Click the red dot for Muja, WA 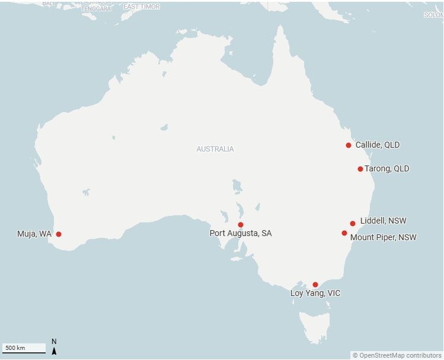click(x=59, y=234)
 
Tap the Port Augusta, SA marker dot click(x=241, y=225)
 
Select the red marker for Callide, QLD click(x=349, y=145)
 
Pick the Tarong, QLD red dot click(x=360, y=169)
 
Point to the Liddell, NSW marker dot click(x=353, y=224)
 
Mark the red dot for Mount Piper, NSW click(x=344, y=233)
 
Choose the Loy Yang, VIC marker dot click(x=315, y=285)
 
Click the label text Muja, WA click(x=34, y=234)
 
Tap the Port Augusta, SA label click(x=241, y=234)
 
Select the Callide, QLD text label click(x=378, y=145)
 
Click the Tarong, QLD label click(x=387, y=169)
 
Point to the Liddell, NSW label click(x=384, y=221)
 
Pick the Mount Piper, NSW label click(x=384, y=238)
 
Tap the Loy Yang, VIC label click(x=315, y=294)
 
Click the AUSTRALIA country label click(x=215, y=149)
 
